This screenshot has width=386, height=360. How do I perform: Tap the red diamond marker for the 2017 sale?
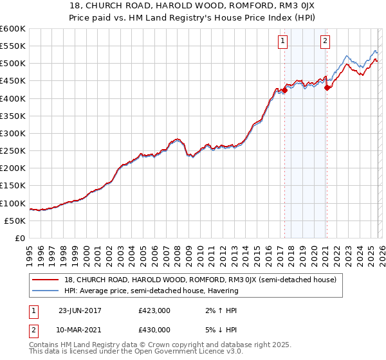click(284, 91)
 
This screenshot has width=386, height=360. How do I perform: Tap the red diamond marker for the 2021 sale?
click(327, 88)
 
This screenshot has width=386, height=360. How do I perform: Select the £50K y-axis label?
click(15, 221)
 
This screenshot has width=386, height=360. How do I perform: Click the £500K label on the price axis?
click(13, 64)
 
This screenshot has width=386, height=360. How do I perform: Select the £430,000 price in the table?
click(154, 329)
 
